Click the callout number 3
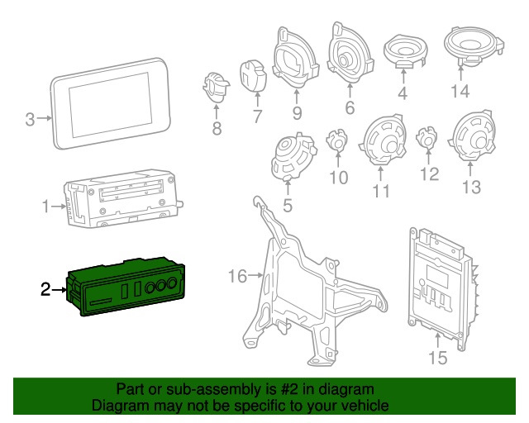click(x=30, y=120)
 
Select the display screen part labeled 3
click(x=114, y=102)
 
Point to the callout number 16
click(x=237, y=276)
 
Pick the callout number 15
click(x=437, y=358)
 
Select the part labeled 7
click(x=253, y=75)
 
